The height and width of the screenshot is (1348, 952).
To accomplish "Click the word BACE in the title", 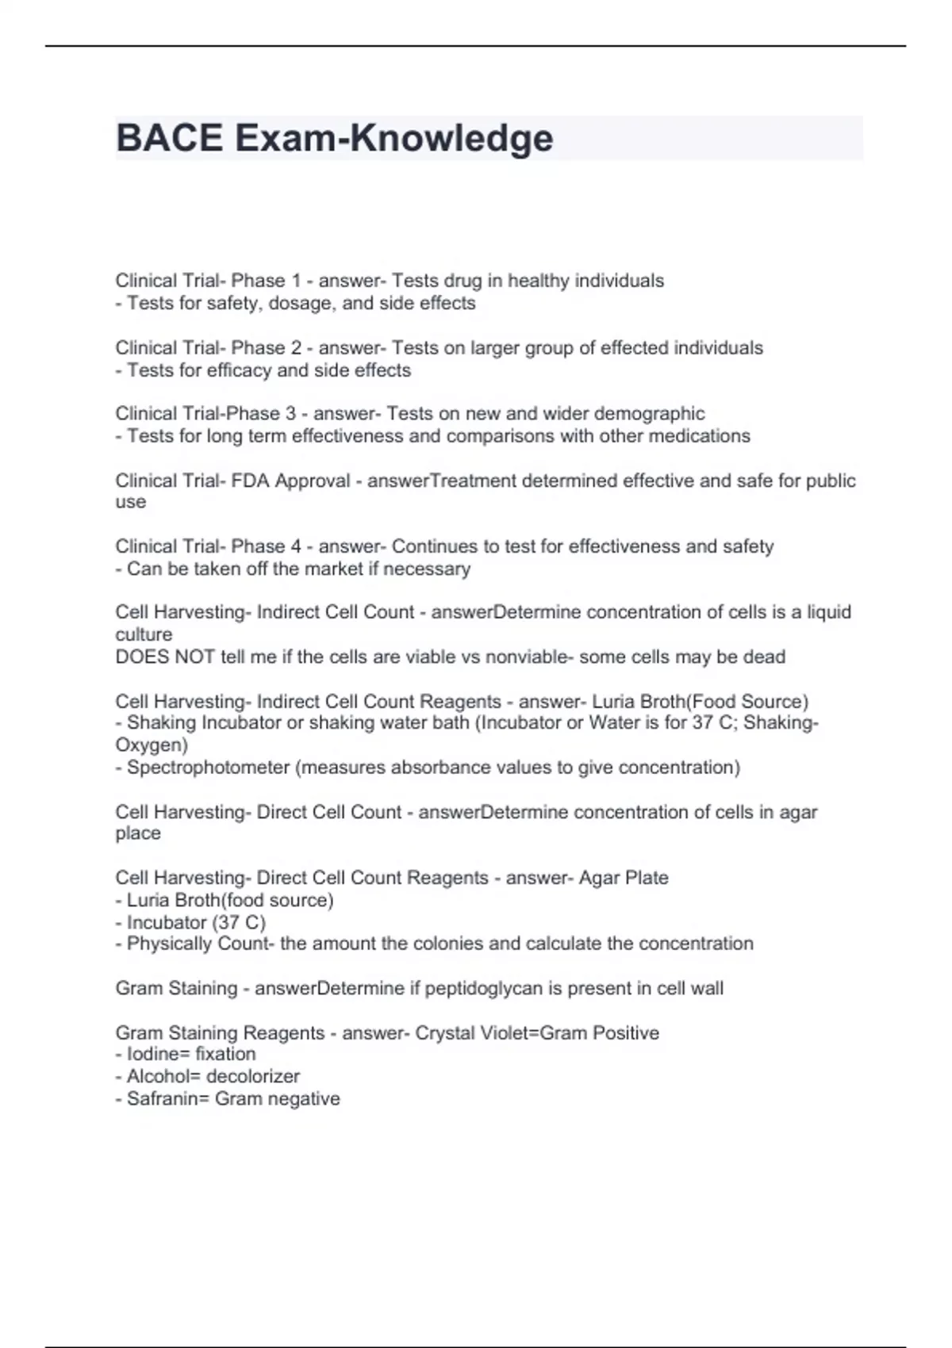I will pyautogui.click(x=169, y=138).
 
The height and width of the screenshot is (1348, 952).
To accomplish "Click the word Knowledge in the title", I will pyautogui.click(x=451, y=138).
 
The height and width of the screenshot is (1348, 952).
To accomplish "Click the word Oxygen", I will pyautogui.click(x=149, y=745).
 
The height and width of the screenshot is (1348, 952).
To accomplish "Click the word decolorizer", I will pyautogui.click(x=253, y=1076).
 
